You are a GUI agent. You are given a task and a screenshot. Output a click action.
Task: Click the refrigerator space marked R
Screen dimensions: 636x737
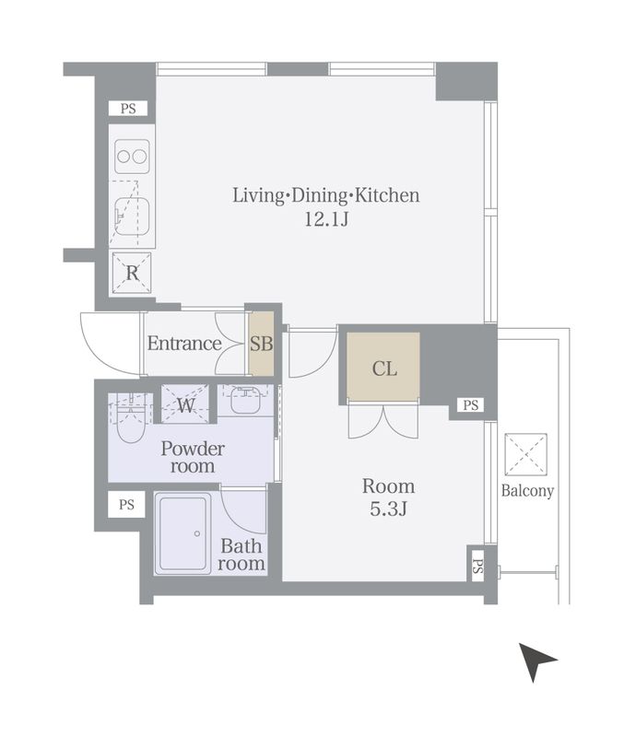click(x=132, y=273)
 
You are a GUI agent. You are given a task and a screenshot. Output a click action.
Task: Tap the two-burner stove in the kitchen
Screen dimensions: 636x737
click(x=132, y=157)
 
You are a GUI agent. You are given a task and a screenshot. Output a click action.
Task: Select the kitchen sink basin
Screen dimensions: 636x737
click(x=132, y=216)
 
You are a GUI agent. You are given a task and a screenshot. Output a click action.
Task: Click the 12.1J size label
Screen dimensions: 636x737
click(x=326, y=219)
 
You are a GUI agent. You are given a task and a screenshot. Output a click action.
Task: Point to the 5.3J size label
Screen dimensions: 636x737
click(x=388, y=509)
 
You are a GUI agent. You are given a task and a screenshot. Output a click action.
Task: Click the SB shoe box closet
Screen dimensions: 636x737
click(x=261, y=344)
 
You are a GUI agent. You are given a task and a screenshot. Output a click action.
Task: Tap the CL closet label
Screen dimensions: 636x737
click(x=384, y=368)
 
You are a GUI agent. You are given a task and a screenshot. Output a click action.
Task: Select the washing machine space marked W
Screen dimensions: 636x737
click(x=185, y=404)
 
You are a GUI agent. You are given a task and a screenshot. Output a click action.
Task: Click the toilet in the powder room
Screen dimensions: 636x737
click(x=130, y=419)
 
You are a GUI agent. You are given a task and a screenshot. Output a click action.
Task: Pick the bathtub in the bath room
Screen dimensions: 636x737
click(x=183, y=533)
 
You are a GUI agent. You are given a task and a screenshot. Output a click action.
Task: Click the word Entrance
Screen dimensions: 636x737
click(x=184, y=344)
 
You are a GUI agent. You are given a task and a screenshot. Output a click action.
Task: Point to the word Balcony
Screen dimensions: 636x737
click(x=527, y=491)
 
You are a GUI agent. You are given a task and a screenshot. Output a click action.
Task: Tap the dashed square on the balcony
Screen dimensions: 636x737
click(x=525, y=454)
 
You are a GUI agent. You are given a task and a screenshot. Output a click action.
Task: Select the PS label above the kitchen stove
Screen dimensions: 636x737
click(x=128, y=109)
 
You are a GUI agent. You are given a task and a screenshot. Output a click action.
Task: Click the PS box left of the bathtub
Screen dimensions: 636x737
click(x=126, y=504)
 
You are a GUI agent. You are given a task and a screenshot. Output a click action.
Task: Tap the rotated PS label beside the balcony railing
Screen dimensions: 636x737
click(x=477, y=567)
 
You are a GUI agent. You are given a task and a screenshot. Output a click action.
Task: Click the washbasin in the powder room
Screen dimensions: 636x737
click(x=245, y=400)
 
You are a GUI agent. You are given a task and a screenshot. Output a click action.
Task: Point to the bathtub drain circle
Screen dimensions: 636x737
click(x=197, y=533)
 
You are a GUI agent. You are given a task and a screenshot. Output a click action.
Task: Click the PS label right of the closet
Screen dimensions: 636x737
click(x=470, y=404)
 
